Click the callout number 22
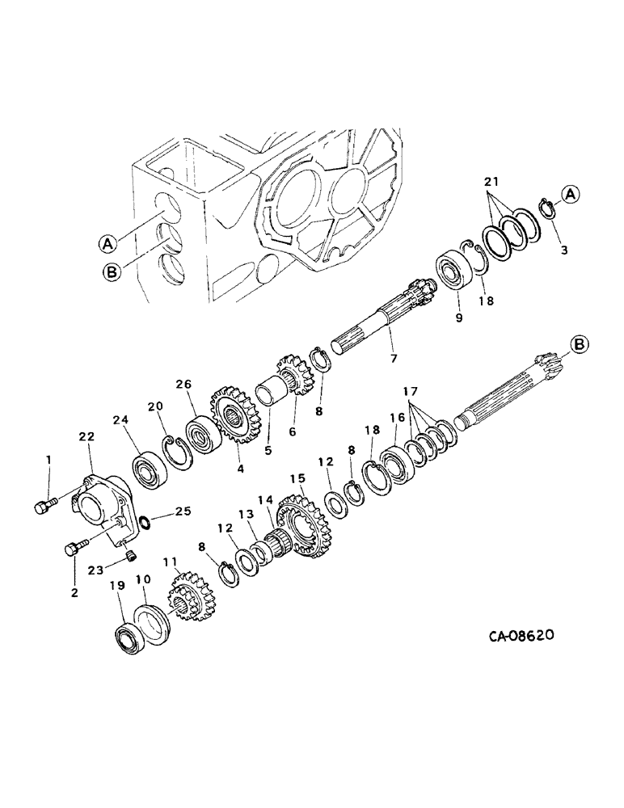point(87,436)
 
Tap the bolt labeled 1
point(45,507)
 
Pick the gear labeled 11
point(188,602)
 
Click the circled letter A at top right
point(570,194)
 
